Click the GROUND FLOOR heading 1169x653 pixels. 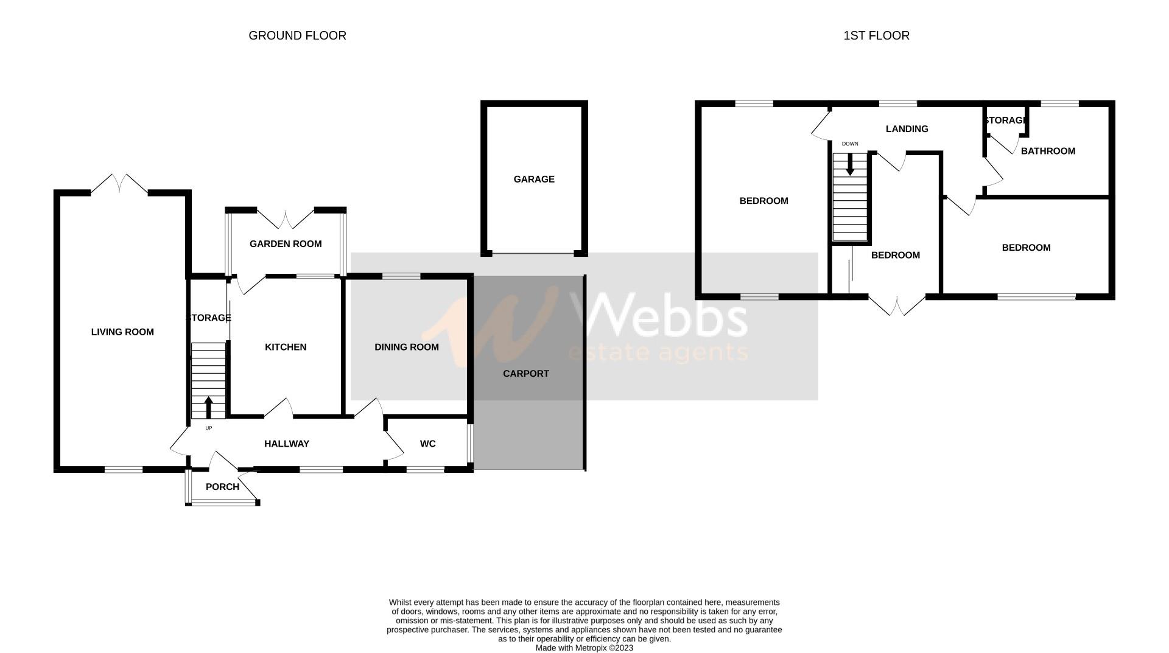click(x=297, y=36)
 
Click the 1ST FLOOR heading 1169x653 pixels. click(x=876, y=36)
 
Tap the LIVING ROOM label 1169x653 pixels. click(x=122, y=332)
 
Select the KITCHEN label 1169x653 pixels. click(x=286, y=347)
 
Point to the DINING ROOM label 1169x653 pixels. click(x=407, y=347)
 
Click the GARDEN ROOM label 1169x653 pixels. click(x=286, y=244)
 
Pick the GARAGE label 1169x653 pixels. click(x=534, y=179)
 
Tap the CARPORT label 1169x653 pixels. click(x=526, y=374)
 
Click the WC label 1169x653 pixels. click(x=428, y=444)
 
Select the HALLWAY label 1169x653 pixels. click(x=287, y=444)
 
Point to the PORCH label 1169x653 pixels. click(x=222, y=487)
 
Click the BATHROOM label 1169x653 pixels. click(x=1048, y=151)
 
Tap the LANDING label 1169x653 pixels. click(x=907, y=129)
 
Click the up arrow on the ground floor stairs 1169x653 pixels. click(x=208, y=408)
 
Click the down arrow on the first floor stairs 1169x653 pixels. click(x=850, y=164)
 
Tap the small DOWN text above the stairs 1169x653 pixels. click(x=850, y=144)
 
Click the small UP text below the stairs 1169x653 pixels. click(x=208, y=428)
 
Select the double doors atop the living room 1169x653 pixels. click(x=119, y=184)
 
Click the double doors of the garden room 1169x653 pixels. click(x=286, y=219)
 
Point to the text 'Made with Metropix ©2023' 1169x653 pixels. click(x=584, y=648)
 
